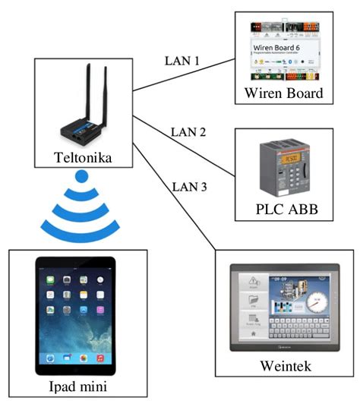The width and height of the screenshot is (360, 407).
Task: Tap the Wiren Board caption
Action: [283, 94]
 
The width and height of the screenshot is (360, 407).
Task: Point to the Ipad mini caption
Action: [74, 387]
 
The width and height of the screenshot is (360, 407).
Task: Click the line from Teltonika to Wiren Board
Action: [182, 71]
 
